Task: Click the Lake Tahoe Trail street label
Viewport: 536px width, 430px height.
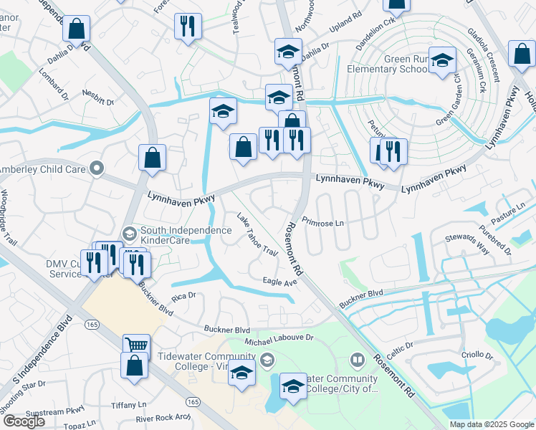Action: point(257,235)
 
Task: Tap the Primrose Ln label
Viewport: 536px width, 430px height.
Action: point(323,222)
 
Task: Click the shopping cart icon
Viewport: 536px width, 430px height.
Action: point(136,345)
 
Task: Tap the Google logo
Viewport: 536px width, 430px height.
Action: point(24,421)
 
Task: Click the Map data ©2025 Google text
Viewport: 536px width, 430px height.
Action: point(492,424)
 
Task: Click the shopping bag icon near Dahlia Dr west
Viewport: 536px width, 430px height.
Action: point(77,29)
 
